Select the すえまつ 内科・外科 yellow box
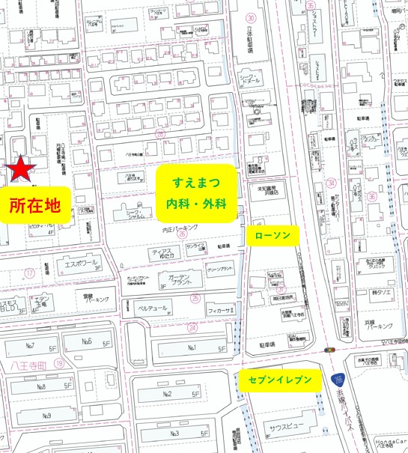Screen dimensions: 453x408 [196, 192]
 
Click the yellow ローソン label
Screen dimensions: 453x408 [272, 235]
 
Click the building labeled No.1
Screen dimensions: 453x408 [191, 347]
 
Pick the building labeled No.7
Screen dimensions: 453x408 [31, 346]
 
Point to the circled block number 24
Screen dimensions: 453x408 [192, 327]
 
